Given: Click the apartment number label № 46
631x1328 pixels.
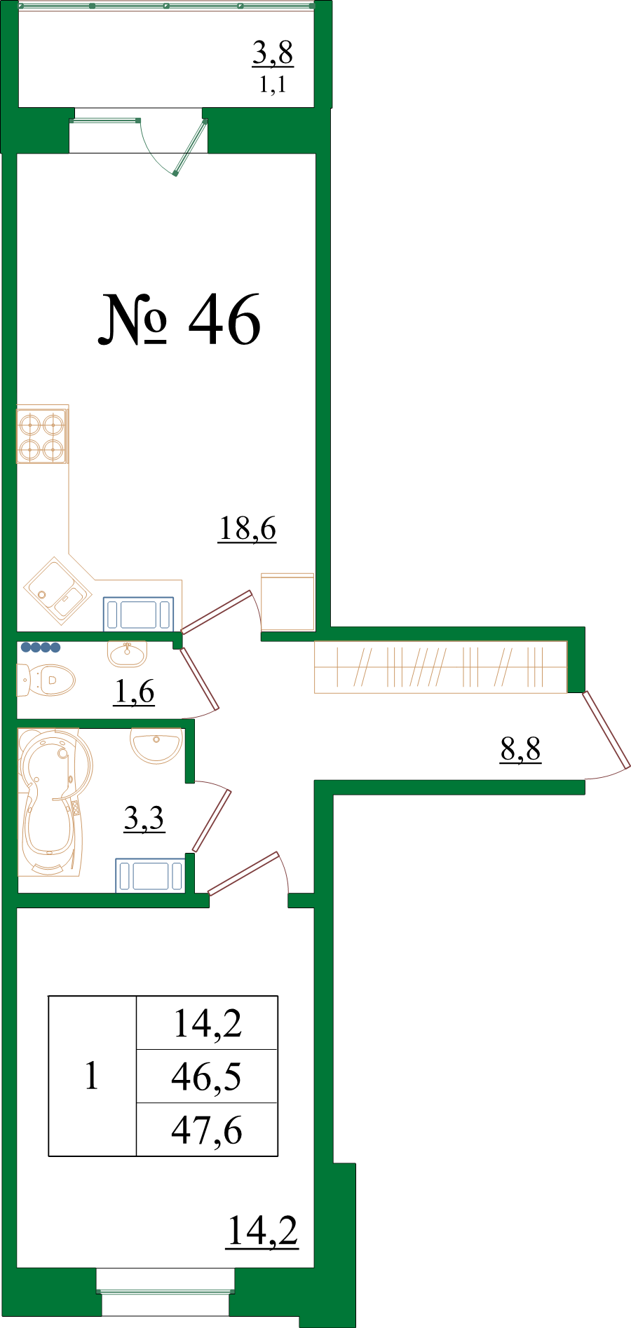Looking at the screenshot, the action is tap(179, 320).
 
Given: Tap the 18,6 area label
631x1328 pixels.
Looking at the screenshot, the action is tap(247, 528).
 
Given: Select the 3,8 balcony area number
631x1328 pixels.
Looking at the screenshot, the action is tap(273, 53).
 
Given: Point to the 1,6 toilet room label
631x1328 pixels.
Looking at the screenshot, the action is tap(134, 692).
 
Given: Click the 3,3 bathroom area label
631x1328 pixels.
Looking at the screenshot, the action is tap(144, 818).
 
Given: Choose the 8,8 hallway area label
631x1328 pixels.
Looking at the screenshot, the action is tap(521, 749).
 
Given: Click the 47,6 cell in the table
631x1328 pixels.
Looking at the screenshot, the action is tap(207, 1130).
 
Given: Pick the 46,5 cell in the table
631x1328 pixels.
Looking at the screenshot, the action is tap(207, 1076).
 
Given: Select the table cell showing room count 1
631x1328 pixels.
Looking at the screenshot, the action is tap(92, 1076).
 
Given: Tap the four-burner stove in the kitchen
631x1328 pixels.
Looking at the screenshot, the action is tap(42, 436).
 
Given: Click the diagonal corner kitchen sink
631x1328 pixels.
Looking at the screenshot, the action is tap(58, 590).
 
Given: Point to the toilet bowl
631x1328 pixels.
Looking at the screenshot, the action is tap(46, 680).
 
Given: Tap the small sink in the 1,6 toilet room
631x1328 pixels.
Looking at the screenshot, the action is tap(128, 653).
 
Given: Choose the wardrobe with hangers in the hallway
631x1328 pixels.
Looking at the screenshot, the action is tap(440, 667).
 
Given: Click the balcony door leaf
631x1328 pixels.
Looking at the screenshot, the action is tap(190, 147).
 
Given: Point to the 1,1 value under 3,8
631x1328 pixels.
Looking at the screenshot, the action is tap(273, 85).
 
